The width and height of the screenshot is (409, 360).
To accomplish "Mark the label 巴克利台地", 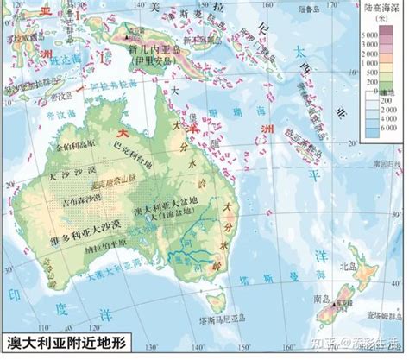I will click(131, 154).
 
